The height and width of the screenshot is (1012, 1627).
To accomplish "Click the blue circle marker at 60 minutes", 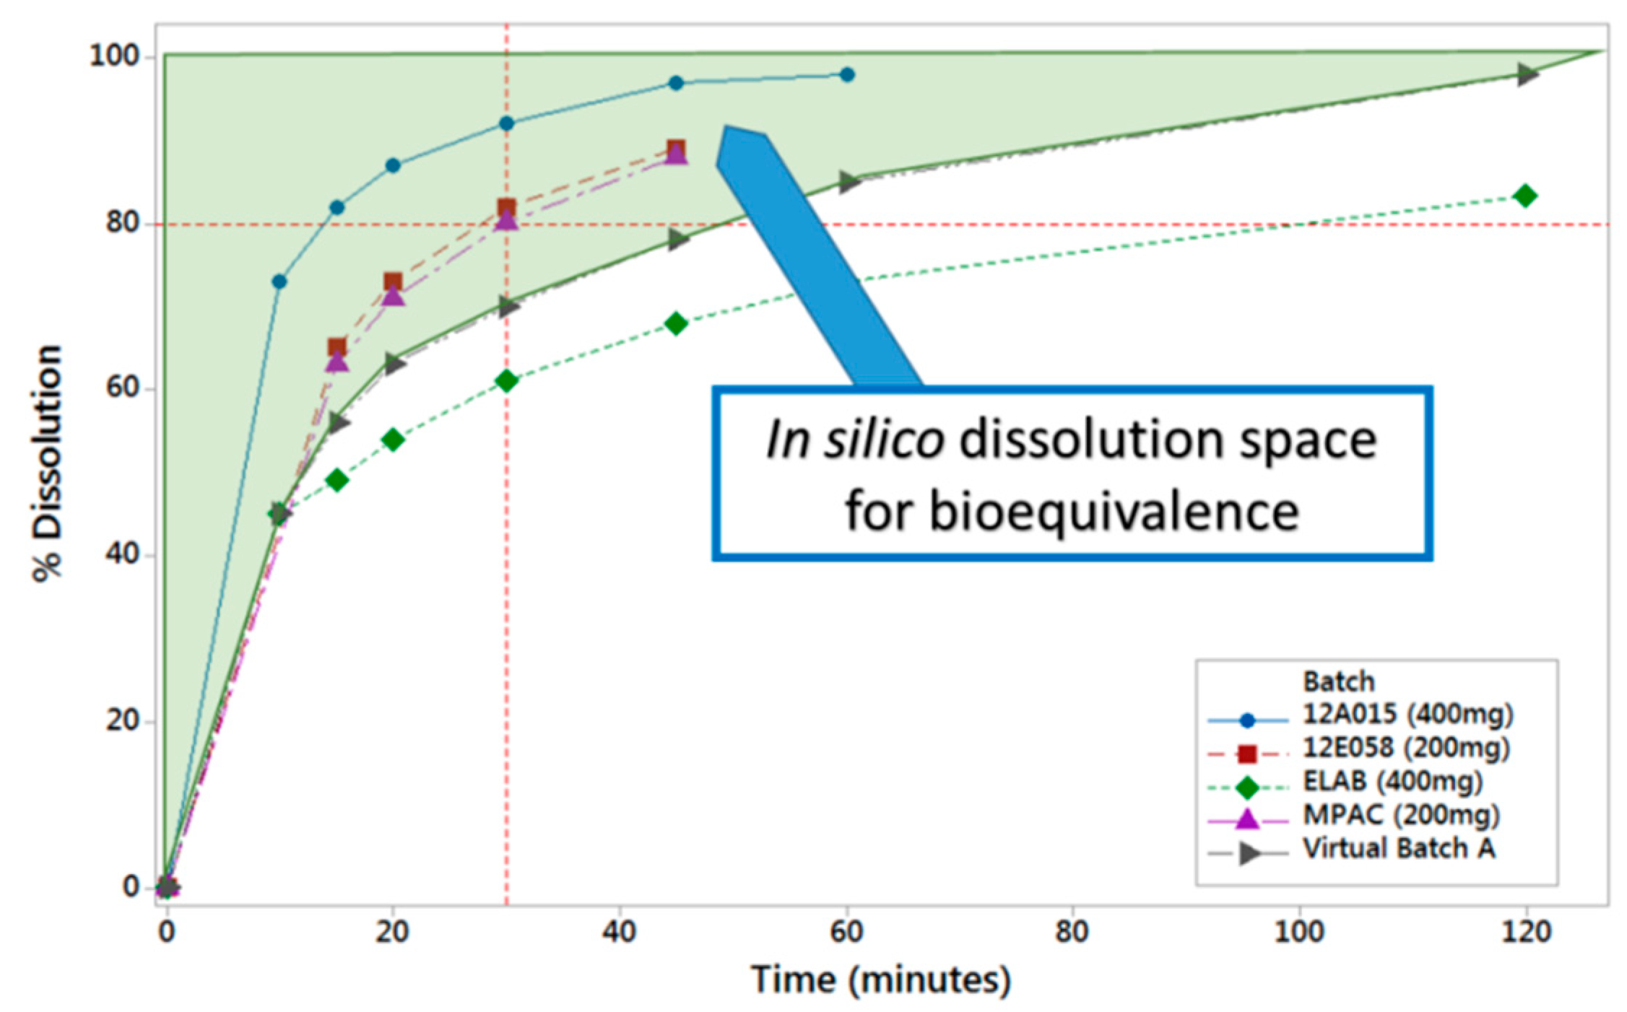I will [847, 74].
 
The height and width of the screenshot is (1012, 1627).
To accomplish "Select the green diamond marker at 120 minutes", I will [1525, 196].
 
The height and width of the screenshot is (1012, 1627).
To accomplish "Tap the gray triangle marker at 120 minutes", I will [1527, 74].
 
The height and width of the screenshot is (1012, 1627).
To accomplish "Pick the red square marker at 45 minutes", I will [676, 149].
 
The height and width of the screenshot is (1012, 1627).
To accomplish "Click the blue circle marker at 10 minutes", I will [279, 282].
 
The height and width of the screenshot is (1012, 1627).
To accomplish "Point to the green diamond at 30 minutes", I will [507, 380].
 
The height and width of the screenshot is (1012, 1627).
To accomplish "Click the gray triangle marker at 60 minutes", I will [849, 182].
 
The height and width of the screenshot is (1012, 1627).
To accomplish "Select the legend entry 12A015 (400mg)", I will [1407, 714].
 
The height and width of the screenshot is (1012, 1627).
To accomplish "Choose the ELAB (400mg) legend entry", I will [1392, 781].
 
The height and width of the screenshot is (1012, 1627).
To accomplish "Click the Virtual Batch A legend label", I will [1398, 848].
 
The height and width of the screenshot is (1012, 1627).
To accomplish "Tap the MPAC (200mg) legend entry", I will [1400, 815].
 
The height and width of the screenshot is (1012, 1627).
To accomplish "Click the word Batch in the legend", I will [1338, 681].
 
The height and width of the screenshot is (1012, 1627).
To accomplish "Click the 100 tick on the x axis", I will [1298, 933].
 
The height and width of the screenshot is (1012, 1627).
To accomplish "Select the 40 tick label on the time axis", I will [619, 933].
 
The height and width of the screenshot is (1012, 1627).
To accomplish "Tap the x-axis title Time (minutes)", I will [880, 980].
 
